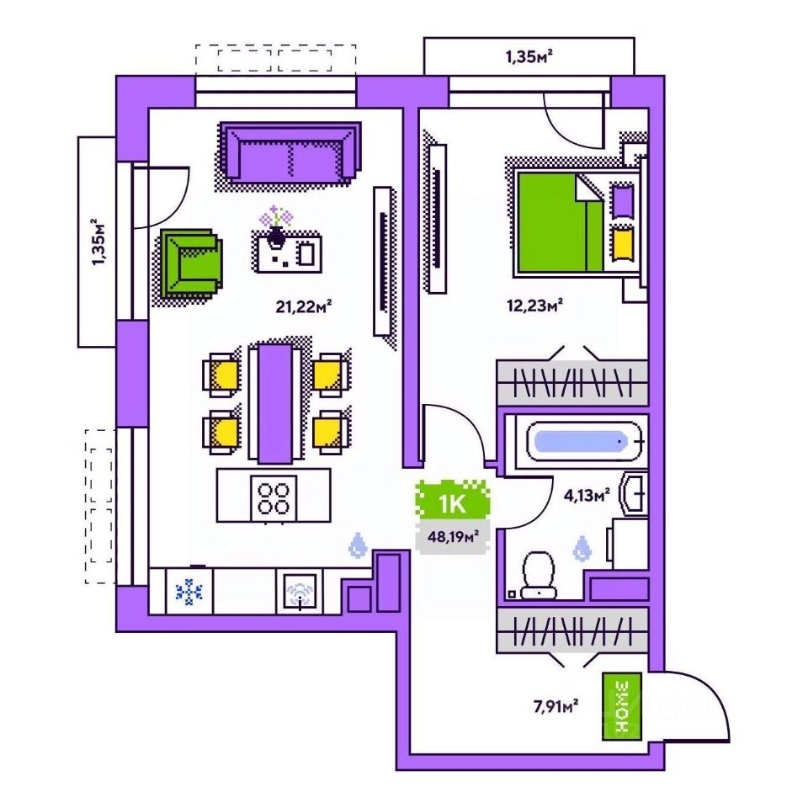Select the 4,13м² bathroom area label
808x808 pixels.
[x=586, y=496]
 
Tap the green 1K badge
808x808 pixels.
[x=454, y=503]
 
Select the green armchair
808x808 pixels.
[x=193, y=261]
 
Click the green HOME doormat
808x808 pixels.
[x=622, y=707]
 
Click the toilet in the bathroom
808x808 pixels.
[x=538, y=572]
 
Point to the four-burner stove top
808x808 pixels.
[x=274, y=496]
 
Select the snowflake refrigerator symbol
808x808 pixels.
[x=189, y=592]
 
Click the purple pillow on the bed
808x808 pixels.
[x=623, y=203]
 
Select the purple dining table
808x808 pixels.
[x=275, y=401]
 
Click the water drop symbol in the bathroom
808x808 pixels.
[x=582, y=550]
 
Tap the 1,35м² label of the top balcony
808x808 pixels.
[x=529, y=57]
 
